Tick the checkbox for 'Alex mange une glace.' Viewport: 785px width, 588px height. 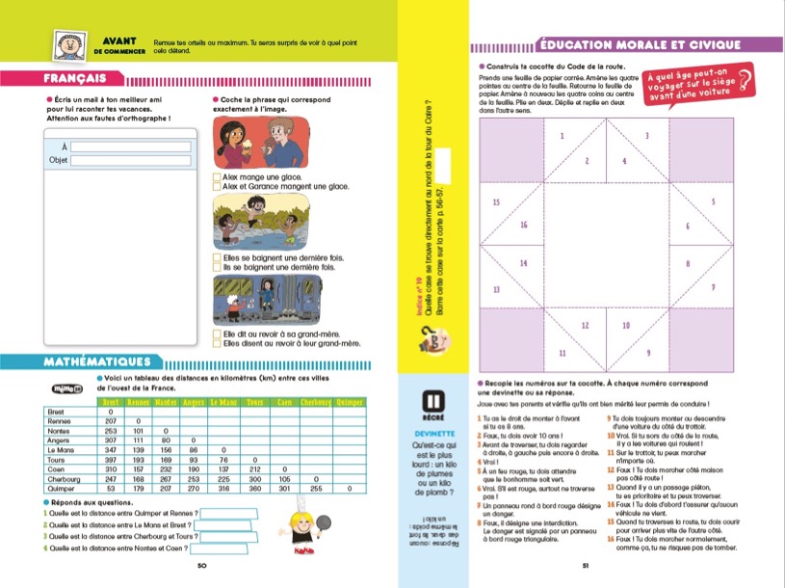pyautogui.click(x=216, y=177)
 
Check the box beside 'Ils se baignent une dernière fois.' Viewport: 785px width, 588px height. pyautogui.click(x=216, y=267)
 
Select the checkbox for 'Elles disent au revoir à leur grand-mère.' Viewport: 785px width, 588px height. pyautogui.click(x=216, y=342)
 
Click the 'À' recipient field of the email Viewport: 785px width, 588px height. pyautogui.click(x=130, y=147)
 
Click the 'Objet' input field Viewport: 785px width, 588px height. pyautogui.click(x=130, y=160)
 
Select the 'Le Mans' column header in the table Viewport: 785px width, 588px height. pyautogui.click(x=222, y=401)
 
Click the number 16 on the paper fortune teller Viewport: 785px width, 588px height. pyautogui.click(x=524, y=226)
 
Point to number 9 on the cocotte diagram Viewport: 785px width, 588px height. pyautogui.click(x=648, y=353)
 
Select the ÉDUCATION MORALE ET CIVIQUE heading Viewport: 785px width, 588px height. pyautogui.click(x=640, y=44)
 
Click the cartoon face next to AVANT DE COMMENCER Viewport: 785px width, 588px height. pyautogui.click(x=65, y=44)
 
